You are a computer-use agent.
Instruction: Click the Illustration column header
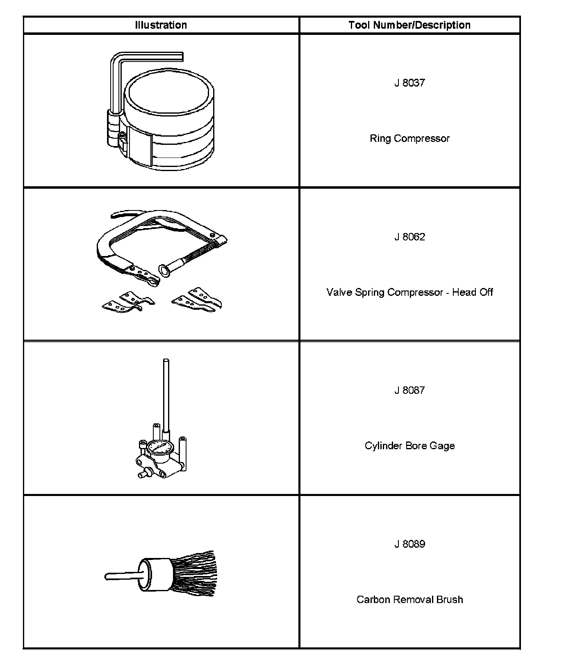pos(161,25)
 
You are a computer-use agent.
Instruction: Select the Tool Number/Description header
pos(409,25)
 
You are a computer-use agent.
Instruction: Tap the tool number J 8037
pos(409,83)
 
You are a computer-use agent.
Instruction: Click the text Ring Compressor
pos(409,138)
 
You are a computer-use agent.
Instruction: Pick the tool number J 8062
pos(409,237)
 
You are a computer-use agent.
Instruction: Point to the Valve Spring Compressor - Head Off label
pos(409,292)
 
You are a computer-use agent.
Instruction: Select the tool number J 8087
pos(409,390)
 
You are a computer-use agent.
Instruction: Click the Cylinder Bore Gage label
pos(409,446)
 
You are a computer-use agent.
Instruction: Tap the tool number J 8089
pos(409,544)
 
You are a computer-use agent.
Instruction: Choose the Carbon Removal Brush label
pos(409,599)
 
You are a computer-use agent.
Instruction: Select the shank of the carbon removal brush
pos(121,576)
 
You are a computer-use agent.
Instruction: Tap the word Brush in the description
pos(450,599)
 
